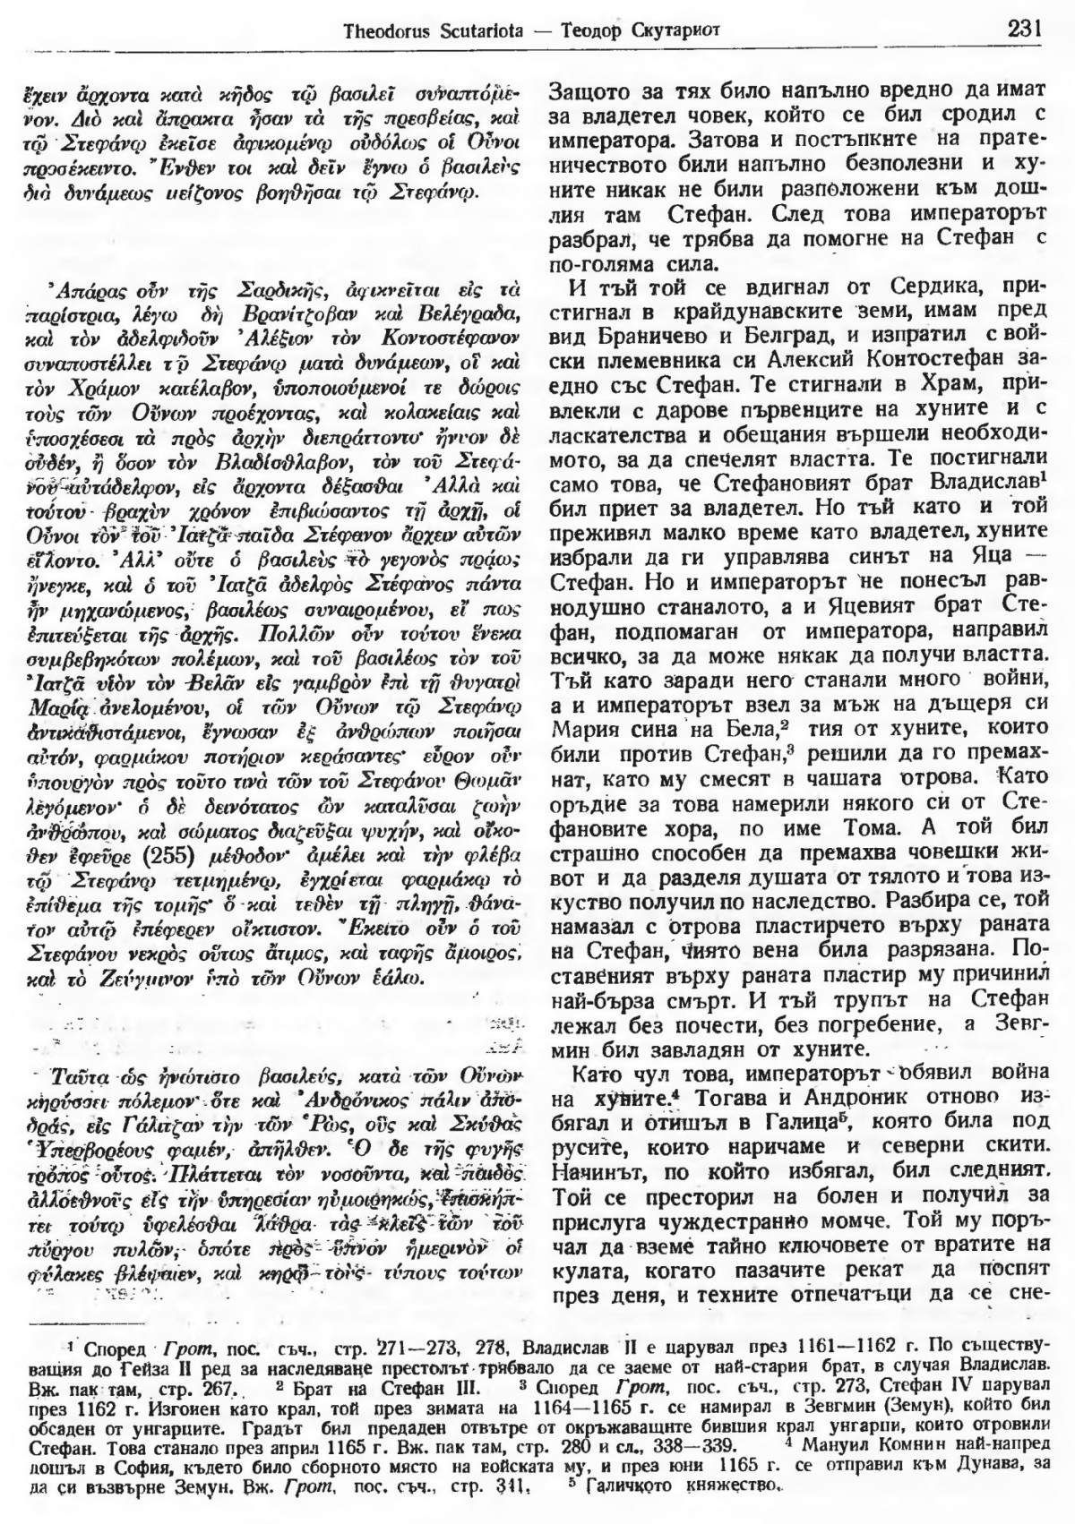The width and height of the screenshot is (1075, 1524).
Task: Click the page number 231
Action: pyautogui.click(x=1022, y=28)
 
